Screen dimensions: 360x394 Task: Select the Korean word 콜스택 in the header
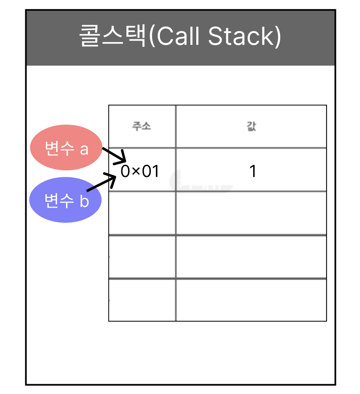coord(113,37)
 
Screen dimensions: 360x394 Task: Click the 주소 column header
coord(141,127)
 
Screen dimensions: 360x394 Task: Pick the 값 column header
coord(252,127)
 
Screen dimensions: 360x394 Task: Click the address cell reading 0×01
coord(140,172)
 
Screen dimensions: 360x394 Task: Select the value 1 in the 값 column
coord(253,172)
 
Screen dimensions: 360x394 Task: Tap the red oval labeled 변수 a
coord(66,148)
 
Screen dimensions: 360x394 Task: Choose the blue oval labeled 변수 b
coord(65,200)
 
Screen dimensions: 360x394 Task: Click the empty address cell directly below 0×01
coord(142,213)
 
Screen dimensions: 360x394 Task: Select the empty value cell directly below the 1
coord(251,213)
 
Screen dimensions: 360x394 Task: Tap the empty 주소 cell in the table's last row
coord(142,300)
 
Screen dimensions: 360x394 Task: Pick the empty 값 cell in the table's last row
coord(251,300)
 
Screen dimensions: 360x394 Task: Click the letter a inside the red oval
coord(84,149)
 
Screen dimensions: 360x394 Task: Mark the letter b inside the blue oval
coord(84,201)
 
